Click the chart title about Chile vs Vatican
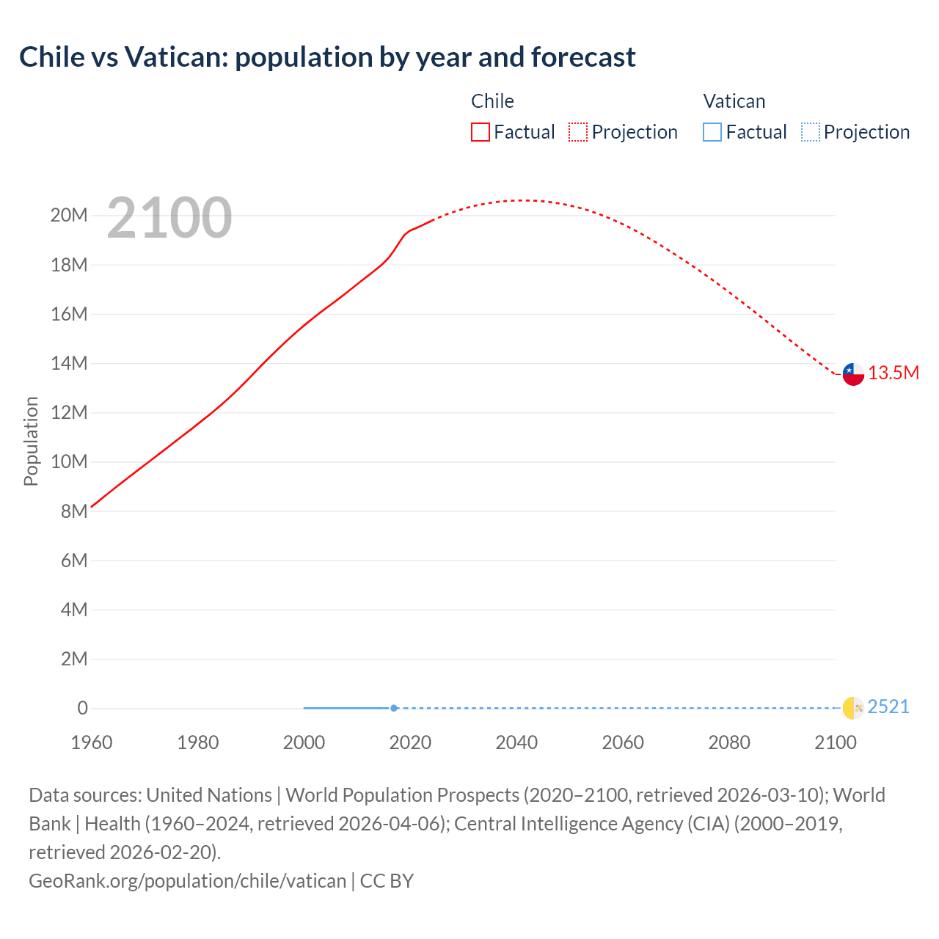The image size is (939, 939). pyautogui.click(x=327, y=57)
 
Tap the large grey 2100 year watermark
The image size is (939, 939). pyautogui.click(x=169, y=218)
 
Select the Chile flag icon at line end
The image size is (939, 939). pyautogui.click(x=853, y=374)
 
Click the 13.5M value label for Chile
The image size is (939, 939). pyautogui.click(x=894, y=373)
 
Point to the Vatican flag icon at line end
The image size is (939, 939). pyautogui.click(x=853, y=708)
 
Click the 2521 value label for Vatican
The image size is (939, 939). pyautogui.click(x=888, y=707)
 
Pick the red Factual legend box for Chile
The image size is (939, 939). pyautogui.click(x=481, y=132)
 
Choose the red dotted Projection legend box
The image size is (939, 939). pyautogui.click(x=578, y=132)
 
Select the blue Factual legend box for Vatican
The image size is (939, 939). pyautogui.click(x=712, y=132)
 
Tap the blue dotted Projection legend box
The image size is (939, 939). pyautogui.click(x=811, y=132)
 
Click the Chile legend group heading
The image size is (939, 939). pyautogui.click(x=492, y=101)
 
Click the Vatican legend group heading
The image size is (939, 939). pyautogui.click(x=734, y=101)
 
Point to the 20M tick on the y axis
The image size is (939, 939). pyautogui.click(x=69, y=216)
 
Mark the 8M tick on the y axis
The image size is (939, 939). pyautogui.click(x=74, y=511)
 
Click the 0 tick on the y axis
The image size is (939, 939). pyautogui.click(x=82, y=709)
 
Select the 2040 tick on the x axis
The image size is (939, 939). pyautogui.click(x=516, y=742)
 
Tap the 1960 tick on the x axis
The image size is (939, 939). pyautogui.click(x=92, y=742)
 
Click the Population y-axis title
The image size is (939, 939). pyautogui.click(x=31, y=441)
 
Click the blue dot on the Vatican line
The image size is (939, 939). pyautogui.click(x=394, y=708)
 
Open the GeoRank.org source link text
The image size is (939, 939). pyautogui.click(x=187, y=881)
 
